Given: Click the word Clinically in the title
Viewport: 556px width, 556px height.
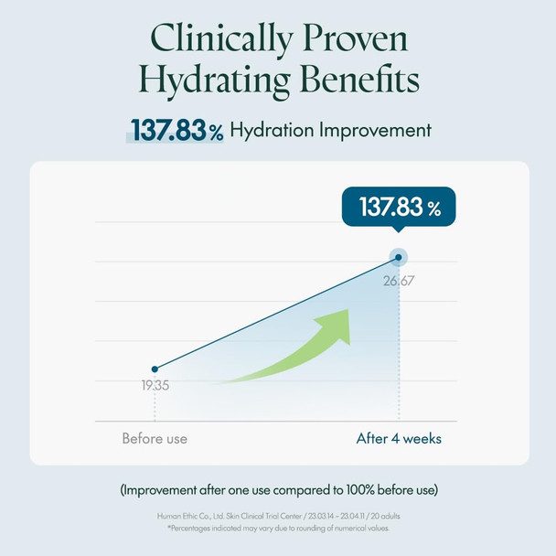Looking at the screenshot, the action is click(x=221, y=39).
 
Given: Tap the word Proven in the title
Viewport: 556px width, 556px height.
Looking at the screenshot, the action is click(x=356, y=38).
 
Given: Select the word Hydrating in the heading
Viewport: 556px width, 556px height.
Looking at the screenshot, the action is click(x=214, y=80).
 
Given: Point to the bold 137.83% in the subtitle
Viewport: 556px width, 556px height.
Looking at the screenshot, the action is click(x=176, y=130).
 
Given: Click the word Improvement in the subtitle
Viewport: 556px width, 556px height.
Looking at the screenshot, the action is click(x=375, y=130).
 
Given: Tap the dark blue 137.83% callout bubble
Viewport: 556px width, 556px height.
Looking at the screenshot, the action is click(x=399, y=208).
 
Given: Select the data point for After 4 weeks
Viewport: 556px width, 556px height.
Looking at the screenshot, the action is click(x=399, y=257).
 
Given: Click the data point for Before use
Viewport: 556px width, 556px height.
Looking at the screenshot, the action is click(x=155, y=369).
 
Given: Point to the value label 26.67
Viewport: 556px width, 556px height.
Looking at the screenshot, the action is click(x=399, y=281).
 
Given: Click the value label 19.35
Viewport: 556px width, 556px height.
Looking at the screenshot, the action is click(x=155, y=385).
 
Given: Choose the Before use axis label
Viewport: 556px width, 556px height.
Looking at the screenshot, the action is click(x=155, y=439).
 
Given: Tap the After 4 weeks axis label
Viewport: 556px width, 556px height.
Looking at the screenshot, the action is click(x=399, y=439).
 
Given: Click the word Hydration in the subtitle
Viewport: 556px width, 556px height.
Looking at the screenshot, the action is click(x=272, y=130).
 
